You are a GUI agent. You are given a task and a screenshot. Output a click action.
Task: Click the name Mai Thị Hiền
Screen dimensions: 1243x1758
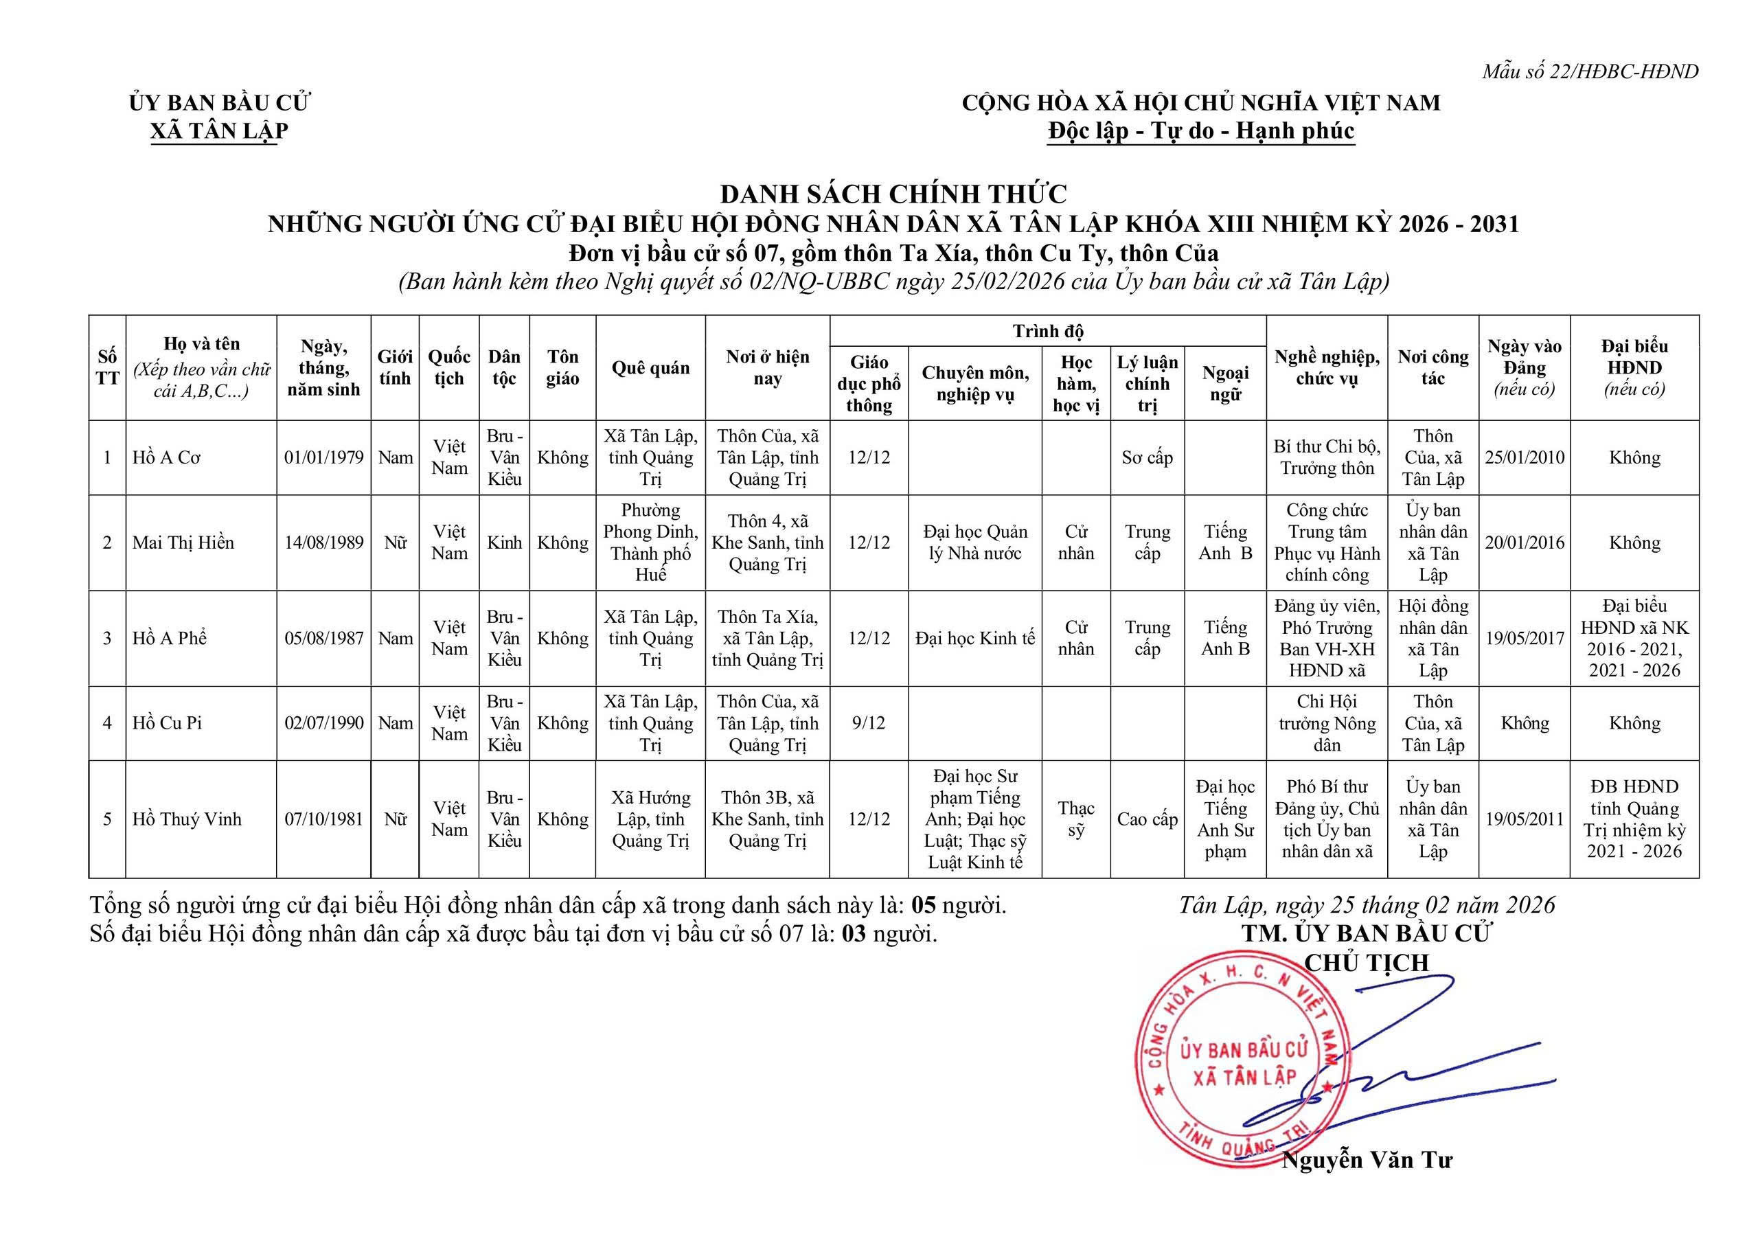183,543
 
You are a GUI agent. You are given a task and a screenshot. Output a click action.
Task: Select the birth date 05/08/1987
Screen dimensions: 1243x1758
324,638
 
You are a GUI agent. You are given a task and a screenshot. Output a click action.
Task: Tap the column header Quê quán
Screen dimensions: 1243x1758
650,367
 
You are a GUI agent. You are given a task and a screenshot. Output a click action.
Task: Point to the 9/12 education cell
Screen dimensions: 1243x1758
868,723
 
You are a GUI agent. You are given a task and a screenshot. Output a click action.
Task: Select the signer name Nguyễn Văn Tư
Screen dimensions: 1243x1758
1367,1161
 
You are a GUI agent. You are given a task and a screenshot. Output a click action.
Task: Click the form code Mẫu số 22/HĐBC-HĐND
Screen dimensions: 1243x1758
1590,71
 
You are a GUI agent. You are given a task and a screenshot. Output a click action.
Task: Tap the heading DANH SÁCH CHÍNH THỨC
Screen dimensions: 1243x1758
893,194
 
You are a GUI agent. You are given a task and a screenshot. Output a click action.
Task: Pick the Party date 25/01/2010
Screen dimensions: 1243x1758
1524,457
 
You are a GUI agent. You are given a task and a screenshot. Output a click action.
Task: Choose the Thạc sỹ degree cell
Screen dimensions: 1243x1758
1076,819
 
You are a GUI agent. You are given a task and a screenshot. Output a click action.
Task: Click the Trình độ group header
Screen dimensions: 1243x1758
1047,331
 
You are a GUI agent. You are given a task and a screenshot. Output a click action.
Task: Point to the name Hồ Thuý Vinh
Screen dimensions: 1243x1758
187,819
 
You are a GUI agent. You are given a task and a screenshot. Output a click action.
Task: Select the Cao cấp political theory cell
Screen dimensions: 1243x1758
1147,819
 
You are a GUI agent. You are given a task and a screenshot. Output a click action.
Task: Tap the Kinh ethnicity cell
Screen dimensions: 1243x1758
504,543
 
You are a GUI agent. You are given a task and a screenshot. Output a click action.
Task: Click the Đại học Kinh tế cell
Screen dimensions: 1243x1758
974,638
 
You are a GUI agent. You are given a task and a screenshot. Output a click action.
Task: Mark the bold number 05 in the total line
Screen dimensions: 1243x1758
924,905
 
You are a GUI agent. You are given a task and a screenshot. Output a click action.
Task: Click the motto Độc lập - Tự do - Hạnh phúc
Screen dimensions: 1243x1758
1200,131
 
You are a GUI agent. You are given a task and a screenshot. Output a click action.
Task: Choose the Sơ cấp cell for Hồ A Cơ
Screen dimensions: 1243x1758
1147,457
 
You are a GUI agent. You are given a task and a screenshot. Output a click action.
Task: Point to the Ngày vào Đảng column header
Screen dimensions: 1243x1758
1524,367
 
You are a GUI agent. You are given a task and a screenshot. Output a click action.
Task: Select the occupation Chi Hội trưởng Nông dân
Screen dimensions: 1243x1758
1326,723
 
